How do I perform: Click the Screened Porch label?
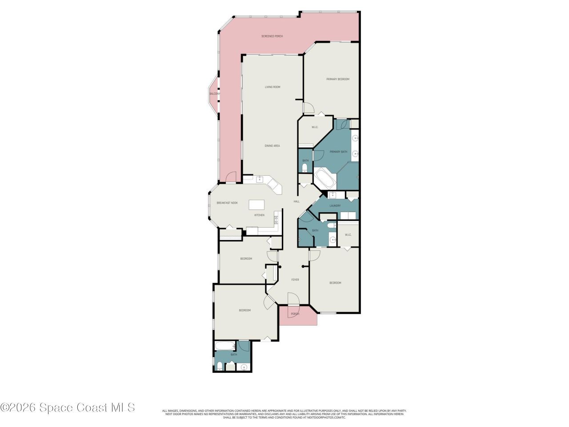coord(272,36)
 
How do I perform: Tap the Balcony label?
coord(214,94)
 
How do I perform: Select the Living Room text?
coord(272,87)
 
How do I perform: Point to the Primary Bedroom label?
coord(337,79)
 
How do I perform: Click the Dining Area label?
coord(272,146)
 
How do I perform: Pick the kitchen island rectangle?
coord(256,205)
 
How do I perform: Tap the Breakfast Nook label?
coord(227,203)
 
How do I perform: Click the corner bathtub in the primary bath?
coord(325,180)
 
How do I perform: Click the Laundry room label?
coord(335,205)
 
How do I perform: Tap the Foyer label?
coord(295,280)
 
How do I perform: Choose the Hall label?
coord(297,201)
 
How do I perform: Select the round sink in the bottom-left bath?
coord(243,367)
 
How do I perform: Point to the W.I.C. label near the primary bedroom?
coord(315,127)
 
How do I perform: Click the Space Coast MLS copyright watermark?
coord(67,407)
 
